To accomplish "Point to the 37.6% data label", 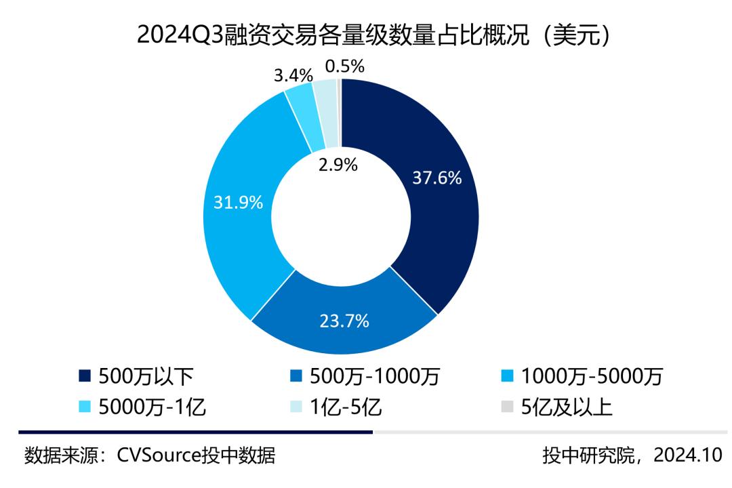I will tap(437, 178).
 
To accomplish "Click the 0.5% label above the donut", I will tap(345, 66).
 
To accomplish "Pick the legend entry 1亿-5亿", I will tap(346, 407).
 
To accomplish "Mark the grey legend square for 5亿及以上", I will tap(505, 408).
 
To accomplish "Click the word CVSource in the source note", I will tap(158, 455).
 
